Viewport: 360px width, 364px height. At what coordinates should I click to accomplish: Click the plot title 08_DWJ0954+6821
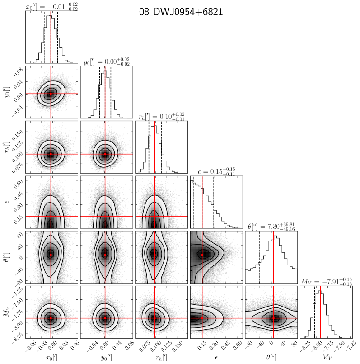181,12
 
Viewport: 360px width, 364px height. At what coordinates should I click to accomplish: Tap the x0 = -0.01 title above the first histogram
52,7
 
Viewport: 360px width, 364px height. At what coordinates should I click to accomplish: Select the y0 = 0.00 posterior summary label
107,62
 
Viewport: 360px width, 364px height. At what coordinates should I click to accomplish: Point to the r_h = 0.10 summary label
161,117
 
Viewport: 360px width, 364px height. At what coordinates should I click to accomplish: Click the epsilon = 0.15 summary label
216,171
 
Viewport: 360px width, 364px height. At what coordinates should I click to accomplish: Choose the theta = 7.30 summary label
271,227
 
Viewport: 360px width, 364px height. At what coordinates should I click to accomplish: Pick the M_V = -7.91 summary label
327,282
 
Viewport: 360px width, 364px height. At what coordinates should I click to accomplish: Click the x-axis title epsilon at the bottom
216,358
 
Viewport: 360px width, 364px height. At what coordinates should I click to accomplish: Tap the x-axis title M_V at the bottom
327,357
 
